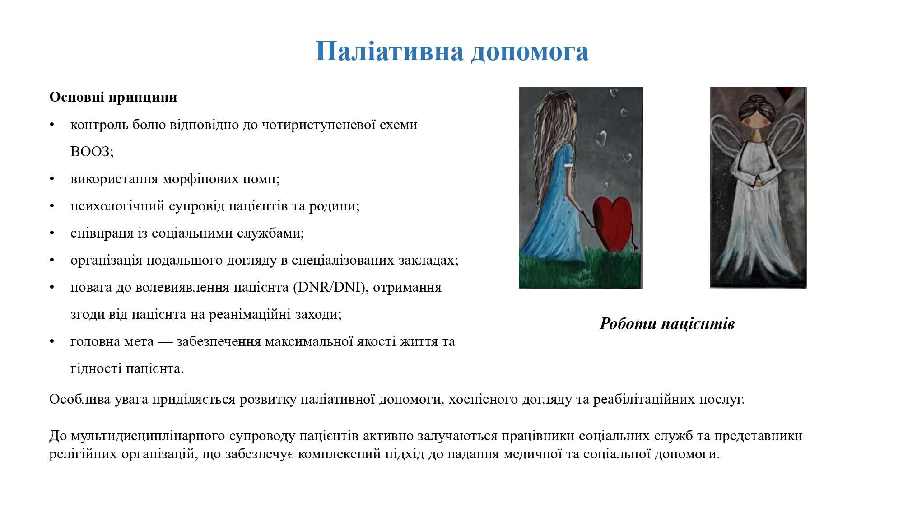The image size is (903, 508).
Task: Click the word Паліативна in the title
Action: click(389, 51)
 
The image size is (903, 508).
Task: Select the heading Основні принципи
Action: click(113, 98)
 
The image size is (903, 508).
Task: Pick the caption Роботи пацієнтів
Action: click(667, 324)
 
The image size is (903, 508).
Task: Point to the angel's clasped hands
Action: click(759, 180)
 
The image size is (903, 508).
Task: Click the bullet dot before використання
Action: click(52, 179)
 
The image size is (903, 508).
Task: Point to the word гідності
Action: click(96, 369)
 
